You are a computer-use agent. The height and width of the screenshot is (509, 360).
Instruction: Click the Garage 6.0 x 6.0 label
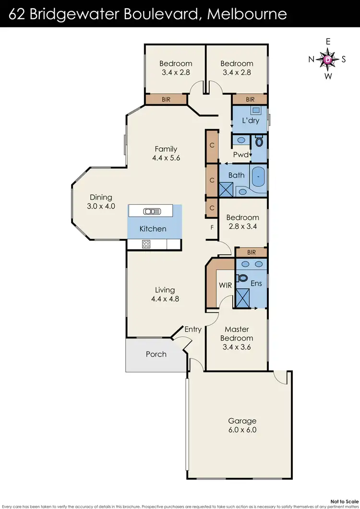click(242, 426)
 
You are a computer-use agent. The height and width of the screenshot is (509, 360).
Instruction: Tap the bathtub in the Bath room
click(258, 177)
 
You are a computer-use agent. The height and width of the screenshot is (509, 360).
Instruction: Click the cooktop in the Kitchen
click(146, 244)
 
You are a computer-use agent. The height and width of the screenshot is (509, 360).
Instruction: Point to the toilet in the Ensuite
click(242, 278)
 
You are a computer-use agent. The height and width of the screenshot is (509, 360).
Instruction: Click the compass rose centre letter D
click(328, 59)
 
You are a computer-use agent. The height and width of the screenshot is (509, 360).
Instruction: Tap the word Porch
click(156, 354)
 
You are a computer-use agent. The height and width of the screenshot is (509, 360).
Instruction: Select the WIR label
click(226, 285)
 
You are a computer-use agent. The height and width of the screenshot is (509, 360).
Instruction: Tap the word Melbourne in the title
click(247, 13)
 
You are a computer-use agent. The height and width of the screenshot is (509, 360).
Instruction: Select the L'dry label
click(250, 120)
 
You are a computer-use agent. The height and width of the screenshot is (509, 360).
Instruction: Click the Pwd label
click(241, 154)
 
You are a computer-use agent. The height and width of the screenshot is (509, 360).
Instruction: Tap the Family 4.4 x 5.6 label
click(166, 154)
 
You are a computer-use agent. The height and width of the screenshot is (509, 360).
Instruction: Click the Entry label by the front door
click(193, 329)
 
